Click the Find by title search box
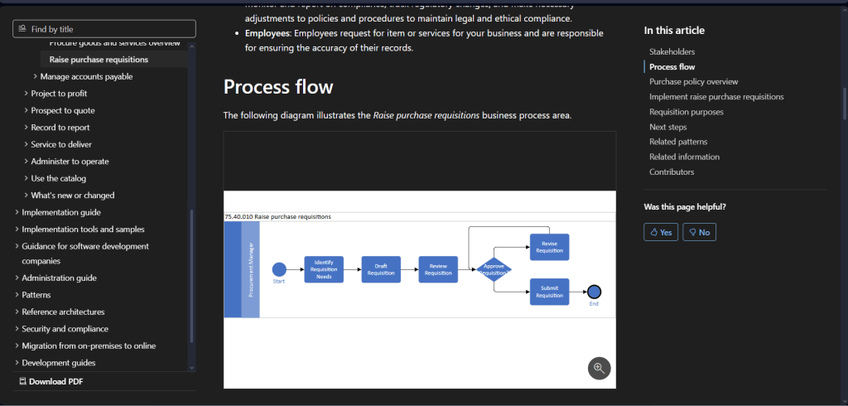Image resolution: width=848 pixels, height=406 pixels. coord(104,29)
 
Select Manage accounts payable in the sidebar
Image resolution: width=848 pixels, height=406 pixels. coord(86,76)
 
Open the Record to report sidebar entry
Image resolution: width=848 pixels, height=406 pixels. coord(60,128)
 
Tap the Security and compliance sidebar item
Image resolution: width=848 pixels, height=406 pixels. coord(65,329)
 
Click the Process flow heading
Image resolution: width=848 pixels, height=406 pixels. coord(277,87)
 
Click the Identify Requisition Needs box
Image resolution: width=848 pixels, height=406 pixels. coord(324,269)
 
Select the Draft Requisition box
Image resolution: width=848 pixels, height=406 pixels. coord(381,269)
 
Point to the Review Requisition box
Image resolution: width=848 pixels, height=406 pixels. coord(438,269)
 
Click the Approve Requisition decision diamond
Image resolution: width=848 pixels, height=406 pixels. coord(493,269)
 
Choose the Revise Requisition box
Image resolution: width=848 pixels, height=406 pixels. coord(549,247)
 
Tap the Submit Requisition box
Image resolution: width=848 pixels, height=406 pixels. coord(549,292)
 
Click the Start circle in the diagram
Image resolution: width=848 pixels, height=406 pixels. coord(279,269)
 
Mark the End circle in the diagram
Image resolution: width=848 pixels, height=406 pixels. coord(594,292)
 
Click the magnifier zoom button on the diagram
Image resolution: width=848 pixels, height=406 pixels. coord(599,369)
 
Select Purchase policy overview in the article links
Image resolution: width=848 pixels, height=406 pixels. coord(693,82)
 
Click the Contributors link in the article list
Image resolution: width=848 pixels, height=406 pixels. coord(672,172)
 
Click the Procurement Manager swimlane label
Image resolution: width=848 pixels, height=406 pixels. coord(251,269)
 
